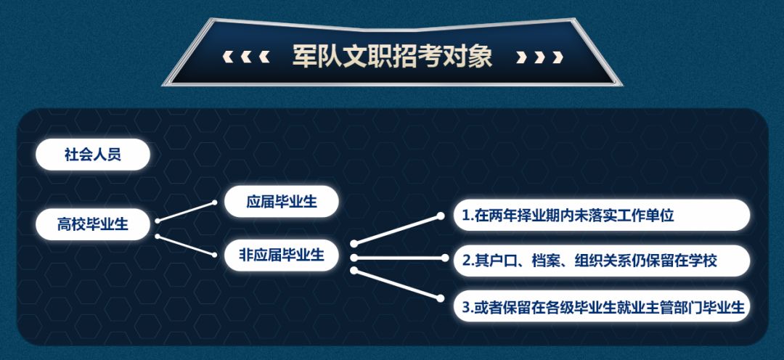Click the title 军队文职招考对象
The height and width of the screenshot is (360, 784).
click(392, 56)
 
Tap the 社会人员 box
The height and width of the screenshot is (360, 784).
click(93, 155)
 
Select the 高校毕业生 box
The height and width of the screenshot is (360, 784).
click(93, 224)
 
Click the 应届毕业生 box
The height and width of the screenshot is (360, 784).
click(282, 201)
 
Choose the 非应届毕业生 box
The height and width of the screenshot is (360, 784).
click(282, 255)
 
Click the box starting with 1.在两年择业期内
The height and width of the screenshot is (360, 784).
click(602, 216)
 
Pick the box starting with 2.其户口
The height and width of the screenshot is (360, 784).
click(602, 260)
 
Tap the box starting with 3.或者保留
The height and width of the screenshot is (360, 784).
click(602, 306)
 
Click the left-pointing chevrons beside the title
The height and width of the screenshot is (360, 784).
click(246, 57)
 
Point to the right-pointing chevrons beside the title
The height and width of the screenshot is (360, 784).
click(539, 57)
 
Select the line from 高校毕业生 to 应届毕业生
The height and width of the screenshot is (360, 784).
click(186, 211)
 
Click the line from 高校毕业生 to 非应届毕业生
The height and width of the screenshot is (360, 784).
click(186, 245)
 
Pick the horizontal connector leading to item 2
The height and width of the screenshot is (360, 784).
click(399, 258)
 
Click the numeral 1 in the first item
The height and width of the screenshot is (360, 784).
click(465, 216)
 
